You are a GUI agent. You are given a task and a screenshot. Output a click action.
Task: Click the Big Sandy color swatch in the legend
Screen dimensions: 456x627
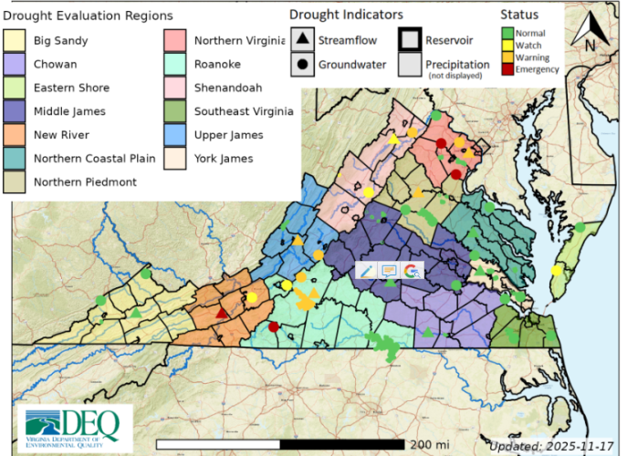[17, 41]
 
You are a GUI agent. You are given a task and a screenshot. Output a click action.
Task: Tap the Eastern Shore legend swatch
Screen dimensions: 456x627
[17, 88]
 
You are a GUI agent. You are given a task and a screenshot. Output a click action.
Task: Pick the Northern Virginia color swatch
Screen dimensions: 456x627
[177, 41]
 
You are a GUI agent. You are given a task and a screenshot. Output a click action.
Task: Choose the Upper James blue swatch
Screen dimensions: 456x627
[177, 135]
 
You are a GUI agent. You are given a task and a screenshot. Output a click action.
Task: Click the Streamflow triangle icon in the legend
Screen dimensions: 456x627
[302, 41]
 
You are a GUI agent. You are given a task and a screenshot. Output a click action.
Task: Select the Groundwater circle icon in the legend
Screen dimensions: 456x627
[302, 65]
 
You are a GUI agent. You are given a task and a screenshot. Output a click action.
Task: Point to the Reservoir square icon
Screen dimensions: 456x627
[410, 41]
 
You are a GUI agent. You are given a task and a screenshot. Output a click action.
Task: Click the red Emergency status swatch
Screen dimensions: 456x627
[507, 69]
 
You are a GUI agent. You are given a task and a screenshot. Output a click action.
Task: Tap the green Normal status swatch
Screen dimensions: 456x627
[507, 34]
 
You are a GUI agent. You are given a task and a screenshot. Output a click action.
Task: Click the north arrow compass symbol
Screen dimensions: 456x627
[590, 33]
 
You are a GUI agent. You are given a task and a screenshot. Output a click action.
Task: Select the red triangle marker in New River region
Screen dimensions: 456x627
[221, 313]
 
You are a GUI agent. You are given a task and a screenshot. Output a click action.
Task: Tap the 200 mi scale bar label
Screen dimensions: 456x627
[428, 443]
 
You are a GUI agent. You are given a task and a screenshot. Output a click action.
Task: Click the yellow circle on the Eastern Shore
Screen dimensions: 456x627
[556, 270]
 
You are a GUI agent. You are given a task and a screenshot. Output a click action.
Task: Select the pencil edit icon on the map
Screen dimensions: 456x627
[365, 271]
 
